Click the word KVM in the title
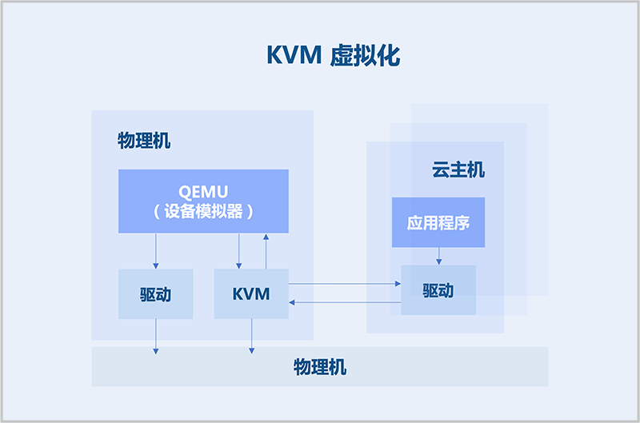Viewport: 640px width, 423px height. [294, 55]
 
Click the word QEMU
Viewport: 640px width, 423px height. [203, 192]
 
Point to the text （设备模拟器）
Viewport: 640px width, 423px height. [203, 212]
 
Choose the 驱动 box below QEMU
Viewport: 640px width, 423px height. [156, 294]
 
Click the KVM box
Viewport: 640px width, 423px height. [251, 294]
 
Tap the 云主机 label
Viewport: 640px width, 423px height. [458, 170]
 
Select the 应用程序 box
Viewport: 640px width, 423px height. [438, 222]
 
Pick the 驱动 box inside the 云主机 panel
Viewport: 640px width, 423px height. [438, 290]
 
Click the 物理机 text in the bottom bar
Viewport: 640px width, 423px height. [320, 367]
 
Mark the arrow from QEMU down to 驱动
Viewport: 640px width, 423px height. [156, 251]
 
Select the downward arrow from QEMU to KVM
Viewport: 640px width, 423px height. [239, 251]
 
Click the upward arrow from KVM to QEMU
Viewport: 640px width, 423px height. [266, 251]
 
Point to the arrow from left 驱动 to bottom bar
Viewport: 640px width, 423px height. [156, 336]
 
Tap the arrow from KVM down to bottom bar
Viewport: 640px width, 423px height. [252, 336]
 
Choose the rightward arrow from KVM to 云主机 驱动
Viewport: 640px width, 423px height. [344, 283]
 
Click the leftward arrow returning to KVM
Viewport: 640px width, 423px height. [344, 302]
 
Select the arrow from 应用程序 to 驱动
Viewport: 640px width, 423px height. [438, 256]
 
